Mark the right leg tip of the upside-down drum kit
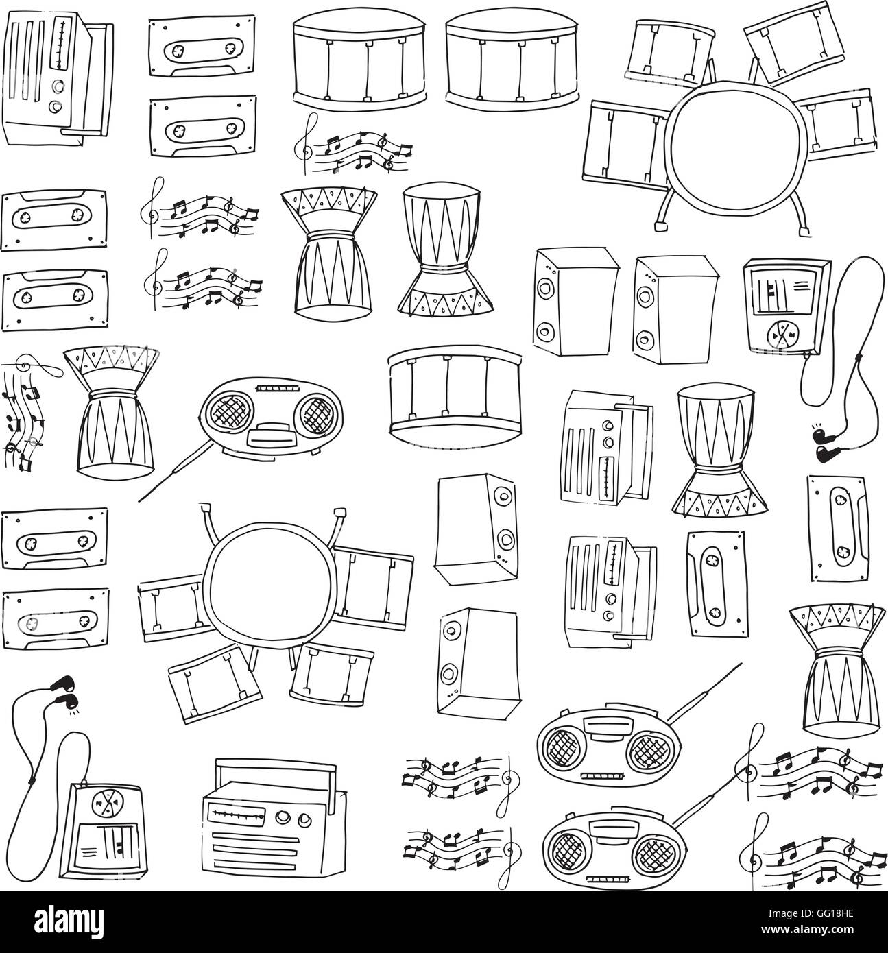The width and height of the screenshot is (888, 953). [339, 511]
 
